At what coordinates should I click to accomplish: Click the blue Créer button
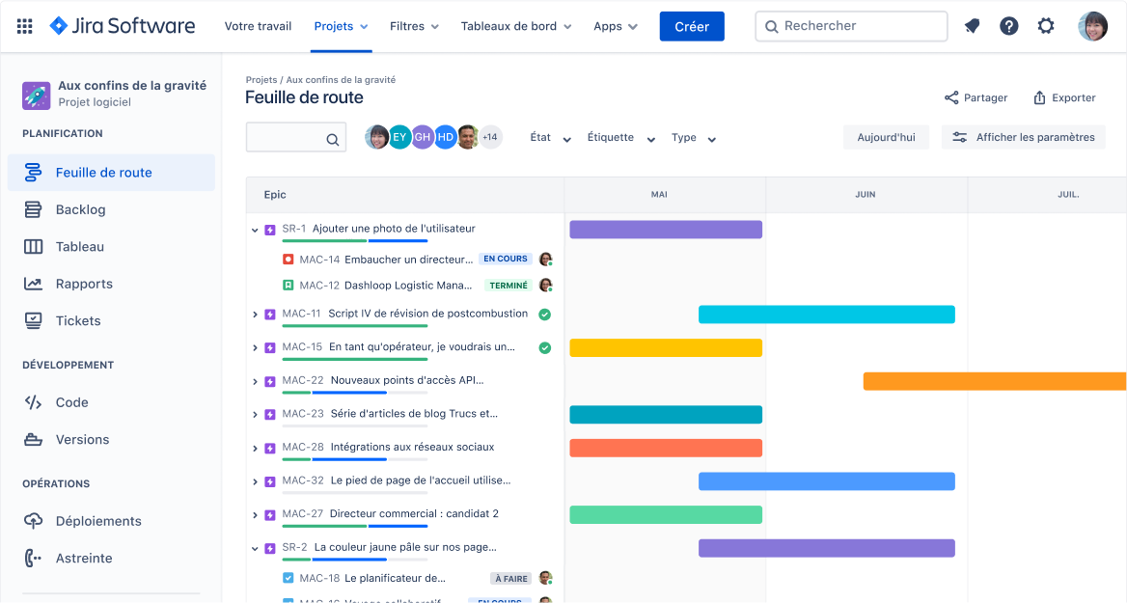coord(691,26)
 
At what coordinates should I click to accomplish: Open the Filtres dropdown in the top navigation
coord(414,26)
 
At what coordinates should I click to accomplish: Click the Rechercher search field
coord(851,26)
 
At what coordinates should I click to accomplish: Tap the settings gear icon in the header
coord(1046,26)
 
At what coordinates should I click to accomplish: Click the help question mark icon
coord(1008,26)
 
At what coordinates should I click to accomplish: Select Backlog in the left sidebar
coord(80,209)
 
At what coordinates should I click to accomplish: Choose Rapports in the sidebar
coord(84,284)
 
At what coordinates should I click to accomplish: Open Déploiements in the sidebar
coord(97,521)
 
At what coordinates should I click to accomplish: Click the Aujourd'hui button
coord(886,137)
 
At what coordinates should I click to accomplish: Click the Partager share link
coord(976,97)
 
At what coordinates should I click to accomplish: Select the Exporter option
coord(1064,97)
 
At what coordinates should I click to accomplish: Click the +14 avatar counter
coord(490,137)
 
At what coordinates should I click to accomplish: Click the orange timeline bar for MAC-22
coord(994,381)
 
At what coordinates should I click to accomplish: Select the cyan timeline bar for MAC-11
coord(826,315)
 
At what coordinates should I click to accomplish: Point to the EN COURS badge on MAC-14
coord(505,259)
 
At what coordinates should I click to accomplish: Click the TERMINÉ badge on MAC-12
coord(508,286)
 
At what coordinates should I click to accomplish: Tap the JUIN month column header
coord(866,194)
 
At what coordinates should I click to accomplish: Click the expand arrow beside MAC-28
coord(255,448)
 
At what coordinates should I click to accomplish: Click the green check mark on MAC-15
coord(544,347)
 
